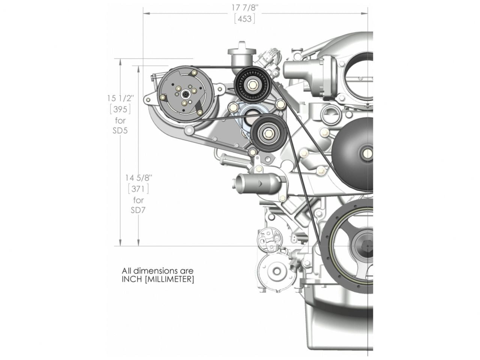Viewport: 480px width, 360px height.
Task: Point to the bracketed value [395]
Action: click(x=120, y=109)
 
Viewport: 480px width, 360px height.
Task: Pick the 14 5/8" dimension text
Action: click(x=139, y=177)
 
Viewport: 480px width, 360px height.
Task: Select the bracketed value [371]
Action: click(x=138, y=188)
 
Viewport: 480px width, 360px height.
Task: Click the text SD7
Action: click(x=138, y=210)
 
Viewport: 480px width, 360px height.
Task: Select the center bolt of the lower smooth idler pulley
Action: click(x=269, y=133)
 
